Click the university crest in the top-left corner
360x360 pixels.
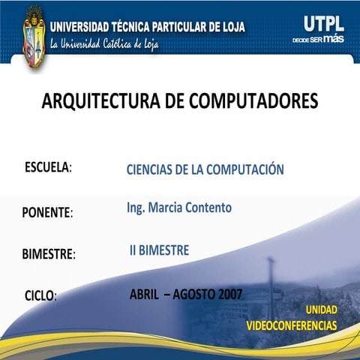pos(34,36)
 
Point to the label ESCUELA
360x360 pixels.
pos(47,166)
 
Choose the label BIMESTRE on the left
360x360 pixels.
pos(48,254)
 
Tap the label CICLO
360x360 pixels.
pos(40,295)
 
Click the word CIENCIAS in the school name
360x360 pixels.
pos(153,169)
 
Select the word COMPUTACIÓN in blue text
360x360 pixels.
pos(245,169)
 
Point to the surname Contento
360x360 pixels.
pos(211,207)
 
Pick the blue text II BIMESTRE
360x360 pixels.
pos(159,250)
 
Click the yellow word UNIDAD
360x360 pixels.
pos(321,310)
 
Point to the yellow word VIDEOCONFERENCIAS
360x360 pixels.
pos(292,325)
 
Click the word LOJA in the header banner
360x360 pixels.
pos(229,27)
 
